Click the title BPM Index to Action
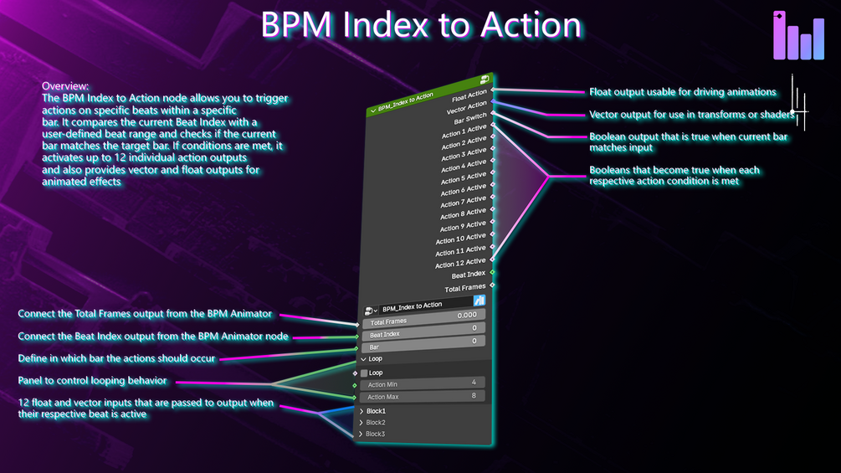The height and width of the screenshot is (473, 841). tap(420, 25)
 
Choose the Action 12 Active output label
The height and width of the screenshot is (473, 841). tap(460, 263)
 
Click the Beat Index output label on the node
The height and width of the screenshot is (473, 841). tap(469, 275)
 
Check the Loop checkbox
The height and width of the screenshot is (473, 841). tap(365, 373)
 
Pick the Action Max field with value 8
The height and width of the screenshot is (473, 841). tap(423, 396)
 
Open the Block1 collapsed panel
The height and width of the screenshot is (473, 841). tap(376, 411)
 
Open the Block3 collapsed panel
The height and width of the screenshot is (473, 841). tap(376, 434)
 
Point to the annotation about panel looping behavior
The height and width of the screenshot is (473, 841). tap(93, 381)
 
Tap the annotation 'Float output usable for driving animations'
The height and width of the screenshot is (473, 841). tap(682, 92)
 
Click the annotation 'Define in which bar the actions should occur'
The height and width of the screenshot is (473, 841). tap(116, 358)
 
